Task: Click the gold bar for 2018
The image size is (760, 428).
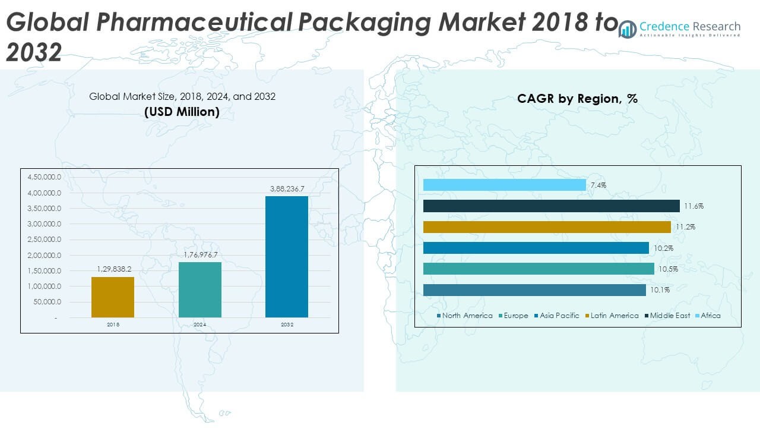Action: click(x=113, y=297)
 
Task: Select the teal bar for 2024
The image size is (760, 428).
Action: click(x=200, y=289)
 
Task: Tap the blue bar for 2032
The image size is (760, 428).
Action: click(x=287, y=256)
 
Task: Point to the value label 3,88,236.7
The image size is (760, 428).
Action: click(x=287, y=188)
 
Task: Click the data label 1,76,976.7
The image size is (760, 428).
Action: click(x=200, y=254)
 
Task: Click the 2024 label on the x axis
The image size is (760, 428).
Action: click(x=200, y=325)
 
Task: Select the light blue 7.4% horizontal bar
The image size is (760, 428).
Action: click(x=505, y=185)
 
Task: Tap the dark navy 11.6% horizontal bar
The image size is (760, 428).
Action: click(x=552, y=206)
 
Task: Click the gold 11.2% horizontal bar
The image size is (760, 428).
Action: click(x=547, y=227)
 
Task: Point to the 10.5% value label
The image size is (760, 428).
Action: click(x=668, y=269)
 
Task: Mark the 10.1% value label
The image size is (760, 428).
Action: click(x=660, y=290)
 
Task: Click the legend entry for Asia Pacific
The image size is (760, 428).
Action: click(x=559, y=316)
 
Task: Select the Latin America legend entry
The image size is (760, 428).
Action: click(x=615, y=316)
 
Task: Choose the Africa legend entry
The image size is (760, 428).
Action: click(x=710, y=316)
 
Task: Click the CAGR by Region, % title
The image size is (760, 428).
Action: click(x=577, y=99)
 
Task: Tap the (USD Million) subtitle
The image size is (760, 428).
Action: click(x=182, y=111)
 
